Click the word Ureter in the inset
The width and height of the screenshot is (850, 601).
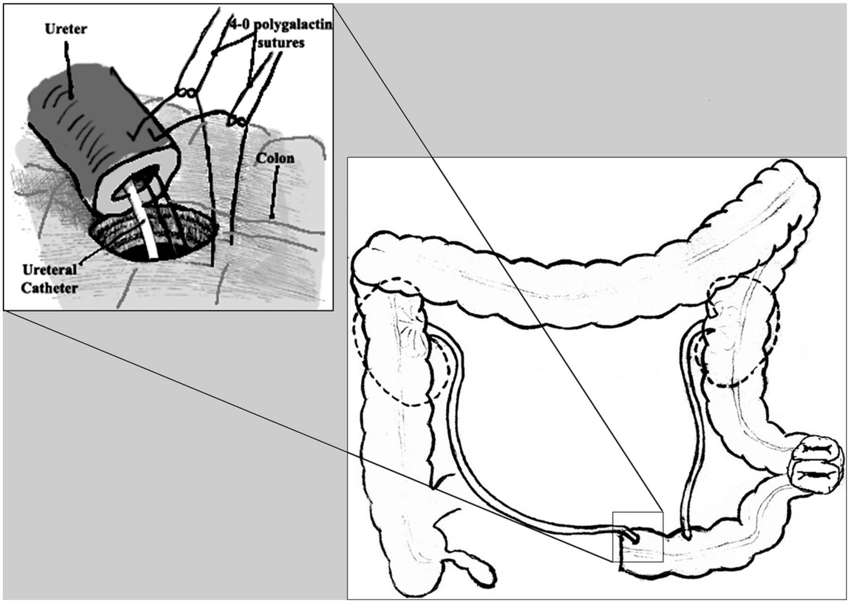[x=66, y=29]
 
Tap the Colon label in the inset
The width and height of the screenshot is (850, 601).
[x=275, y=158]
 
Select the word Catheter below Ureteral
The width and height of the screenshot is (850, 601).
[x=49, y=288]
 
